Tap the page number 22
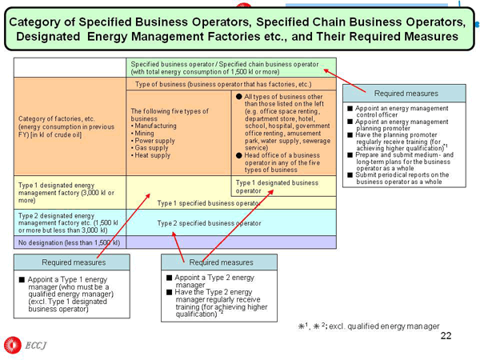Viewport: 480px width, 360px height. click(x=446, y=336)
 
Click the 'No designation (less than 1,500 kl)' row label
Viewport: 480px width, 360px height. click(x=69, y=242)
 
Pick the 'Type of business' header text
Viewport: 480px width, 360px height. click(x=223, y=84)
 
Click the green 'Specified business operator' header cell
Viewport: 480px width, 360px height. click(x=231, y=67)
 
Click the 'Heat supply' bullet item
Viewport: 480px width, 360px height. click(x=153, y=155)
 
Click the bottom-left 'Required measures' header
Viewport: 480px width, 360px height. click(x=71, y=262)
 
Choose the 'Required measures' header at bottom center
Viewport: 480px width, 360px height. click(x=221, y=262)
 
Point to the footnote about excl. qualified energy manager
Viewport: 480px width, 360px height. click(x=368, y=326)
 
